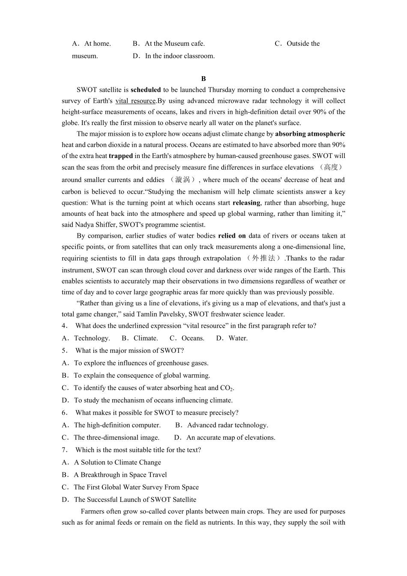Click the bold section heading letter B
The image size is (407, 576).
[203, 79]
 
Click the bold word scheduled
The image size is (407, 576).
[146, 90]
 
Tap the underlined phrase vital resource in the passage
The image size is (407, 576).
[135, 101]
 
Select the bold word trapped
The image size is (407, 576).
[121, 156]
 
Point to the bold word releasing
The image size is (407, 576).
[246, 203]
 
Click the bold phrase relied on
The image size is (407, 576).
[232, 236]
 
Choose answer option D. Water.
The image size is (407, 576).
[232, 338]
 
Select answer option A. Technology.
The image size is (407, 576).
[86, 338]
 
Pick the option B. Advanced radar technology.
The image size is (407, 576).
[222, 425]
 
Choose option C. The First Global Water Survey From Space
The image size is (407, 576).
[130, 487]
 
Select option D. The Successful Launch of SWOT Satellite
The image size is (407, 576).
[129, 500]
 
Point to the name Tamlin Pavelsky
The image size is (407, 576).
[159, 314]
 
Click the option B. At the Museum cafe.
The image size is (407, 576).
[169, 44]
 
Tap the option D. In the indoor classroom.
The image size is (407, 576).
[174, 56]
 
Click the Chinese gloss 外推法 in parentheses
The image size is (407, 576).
[263, 258]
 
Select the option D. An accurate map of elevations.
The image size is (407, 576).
[225, 438]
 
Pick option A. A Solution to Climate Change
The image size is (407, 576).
[112, 463]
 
